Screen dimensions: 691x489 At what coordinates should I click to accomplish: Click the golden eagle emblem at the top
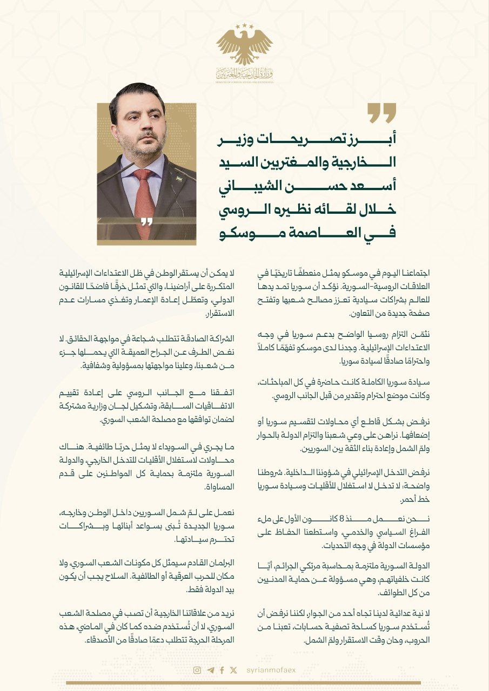[244, 46]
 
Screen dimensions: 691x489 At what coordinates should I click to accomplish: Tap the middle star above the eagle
[244, 25]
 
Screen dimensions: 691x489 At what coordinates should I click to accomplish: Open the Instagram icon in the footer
[197, 670]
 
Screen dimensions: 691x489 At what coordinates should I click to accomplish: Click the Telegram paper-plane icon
[210, 670]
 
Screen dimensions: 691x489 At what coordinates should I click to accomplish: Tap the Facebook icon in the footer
[222, 670]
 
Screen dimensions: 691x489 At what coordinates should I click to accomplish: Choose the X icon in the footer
[233, 670]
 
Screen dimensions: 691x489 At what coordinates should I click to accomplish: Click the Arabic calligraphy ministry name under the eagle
[244, 73]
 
